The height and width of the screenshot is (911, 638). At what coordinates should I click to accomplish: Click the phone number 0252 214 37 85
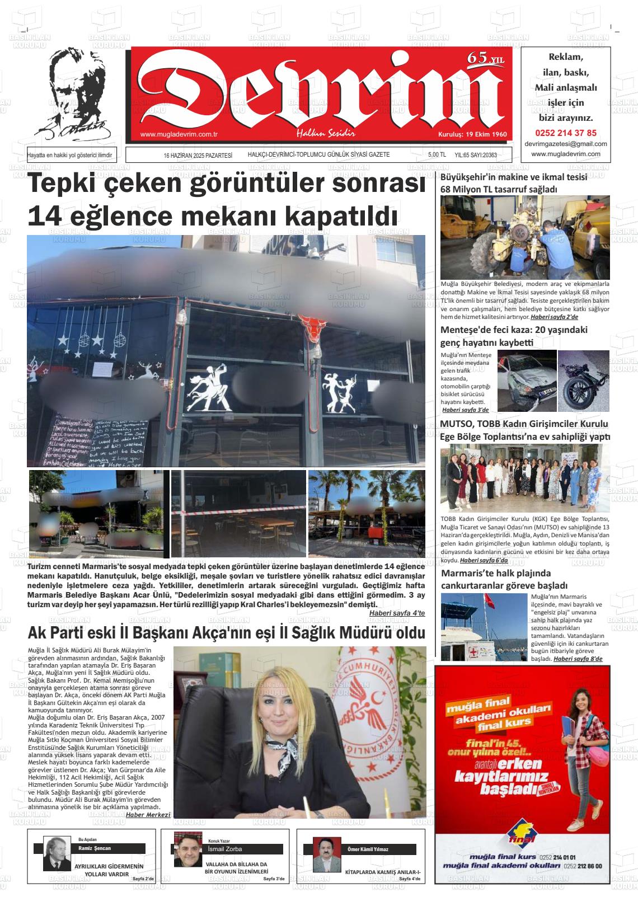click(566, 133)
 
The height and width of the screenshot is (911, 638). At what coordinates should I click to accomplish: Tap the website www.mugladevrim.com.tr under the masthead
click(179, 134)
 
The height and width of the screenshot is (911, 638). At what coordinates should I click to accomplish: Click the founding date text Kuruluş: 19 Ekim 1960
click(472, 135)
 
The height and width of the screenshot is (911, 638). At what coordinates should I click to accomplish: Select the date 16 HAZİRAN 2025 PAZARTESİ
click(198, 155)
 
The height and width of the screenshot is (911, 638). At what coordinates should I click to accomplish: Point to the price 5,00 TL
click(437, 155)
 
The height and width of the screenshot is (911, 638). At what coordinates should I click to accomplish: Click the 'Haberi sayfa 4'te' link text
click(397, 613)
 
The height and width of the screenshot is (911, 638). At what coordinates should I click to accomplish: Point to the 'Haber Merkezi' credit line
click(148, 814)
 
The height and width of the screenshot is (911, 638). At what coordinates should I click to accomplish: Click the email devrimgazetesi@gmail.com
click(566, 144)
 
